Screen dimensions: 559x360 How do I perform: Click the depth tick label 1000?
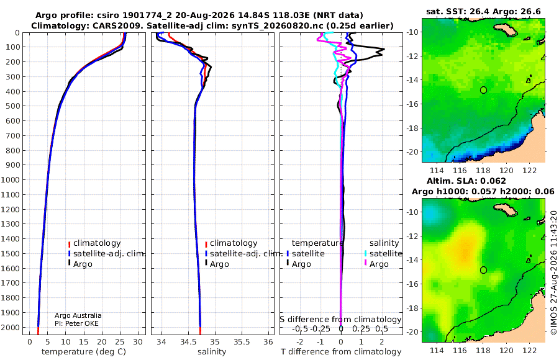(x=10, y=179)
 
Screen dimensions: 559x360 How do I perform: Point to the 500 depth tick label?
(x=13, y=106)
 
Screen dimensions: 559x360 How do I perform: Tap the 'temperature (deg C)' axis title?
(x=84, y=352)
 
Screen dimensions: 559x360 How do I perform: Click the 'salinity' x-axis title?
(x=212, y=352)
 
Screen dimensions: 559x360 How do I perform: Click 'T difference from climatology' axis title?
(x=341, y=352)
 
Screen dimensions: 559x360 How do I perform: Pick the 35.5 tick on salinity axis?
(x=242, y=342)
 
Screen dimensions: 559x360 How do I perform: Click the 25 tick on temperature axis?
(x=120, y=342)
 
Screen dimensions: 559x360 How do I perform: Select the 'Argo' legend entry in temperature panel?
(x=83, y=264)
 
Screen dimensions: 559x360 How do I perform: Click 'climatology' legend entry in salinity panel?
(x=234, y=243)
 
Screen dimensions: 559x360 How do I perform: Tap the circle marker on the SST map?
(x=483, y=90)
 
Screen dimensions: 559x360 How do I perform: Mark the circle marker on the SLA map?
(x=483, y=270)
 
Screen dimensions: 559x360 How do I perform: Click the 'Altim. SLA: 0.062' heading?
(x=466, y=181)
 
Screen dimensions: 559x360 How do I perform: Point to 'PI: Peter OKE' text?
(x=76, y=323)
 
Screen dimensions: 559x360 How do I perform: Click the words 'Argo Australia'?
(x=78, y=315)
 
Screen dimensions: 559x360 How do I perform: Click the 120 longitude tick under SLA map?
(x=506, y=350)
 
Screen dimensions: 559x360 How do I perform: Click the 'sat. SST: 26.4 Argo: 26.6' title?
(x=483, y=11)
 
